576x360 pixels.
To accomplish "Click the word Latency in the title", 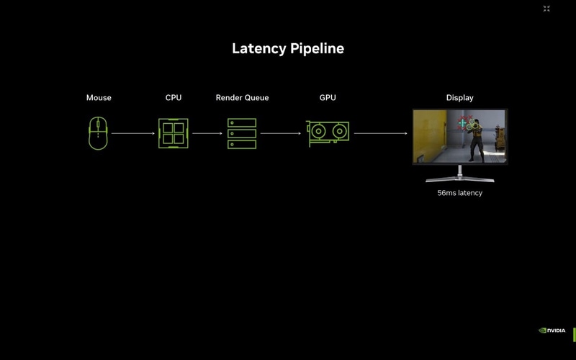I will [x=259, y=49].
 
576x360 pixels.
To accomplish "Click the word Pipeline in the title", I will [x=317, y=49].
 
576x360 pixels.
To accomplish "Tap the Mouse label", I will [x=99, y=98].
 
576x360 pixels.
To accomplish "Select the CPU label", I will [x=174, y=98].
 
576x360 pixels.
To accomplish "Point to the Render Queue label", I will [x=242, y=98].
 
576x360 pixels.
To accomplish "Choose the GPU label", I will [x=328, y=98].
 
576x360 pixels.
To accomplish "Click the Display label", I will [x=459, y=98].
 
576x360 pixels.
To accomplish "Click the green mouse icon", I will [x=98, y=133].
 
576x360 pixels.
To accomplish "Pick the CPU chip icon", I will [x=174, y=133].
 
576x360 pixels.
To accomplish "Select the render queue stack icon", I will [x=242, y=133].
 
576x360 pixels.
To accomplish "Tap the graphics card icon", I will [x=328, y=133].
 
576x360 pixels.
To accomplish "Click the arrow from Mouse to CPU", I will [x=134, y=133].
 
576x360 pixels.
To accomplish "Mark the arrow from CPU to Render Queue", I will [x=207, y=133].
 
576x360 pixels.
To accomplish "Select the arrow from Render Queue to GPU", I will [x=281, y=133].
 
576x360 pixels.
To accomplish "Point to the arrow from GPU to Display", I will [x=381, y=133].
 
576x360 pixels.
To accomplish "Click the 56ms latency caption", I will [x=459, y=193].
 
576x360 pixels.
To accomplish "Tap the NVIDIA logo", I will [x=552, y=330].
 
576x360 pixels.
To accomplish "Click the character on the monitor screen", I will [x=475, y=140].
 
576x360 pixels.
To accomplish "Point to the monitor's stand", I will [x=459, y=175].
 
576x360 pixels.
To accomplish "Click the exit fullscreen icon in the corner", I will [x=546, y=9].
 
